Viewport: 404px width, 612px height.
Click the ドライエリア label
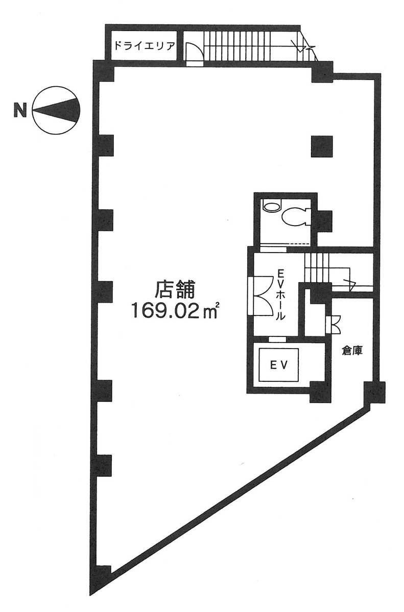[x=144, y=46]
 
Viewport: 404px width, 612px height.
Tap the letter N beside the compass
[x=20, y=110]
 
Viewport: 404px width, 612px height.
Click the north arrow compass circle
[x=56, y=110]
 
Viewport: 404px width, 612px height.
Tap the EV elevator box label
[x=279, y=365]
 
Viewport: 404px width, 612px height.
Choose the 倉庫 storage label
[x=352, y=351]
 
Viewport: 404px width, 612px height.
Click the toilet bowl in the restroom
[x=295, y=216]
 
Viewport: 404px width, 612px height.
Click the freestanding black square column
[x=322, y=146]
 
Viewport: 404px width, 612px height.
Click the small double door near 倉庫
[x=334, y=324]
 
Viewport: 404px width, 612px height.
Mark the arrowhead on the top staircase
[x=301, y=48]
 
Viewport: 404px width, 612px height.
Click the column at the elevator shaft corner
[x=320, y=392]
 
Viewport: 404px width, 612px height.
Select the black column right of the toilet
[x=324, y=221]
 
